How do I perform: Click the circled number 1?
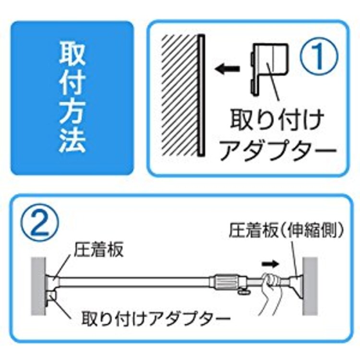click(319, 56)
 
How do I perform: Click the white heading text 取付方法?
click(72, 98)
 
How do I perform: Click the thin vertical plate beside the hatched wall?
click(200, 94)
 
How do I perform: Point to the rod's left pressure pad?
click(52, 280)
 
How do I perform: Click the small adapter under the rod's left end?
click(52, 297)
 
